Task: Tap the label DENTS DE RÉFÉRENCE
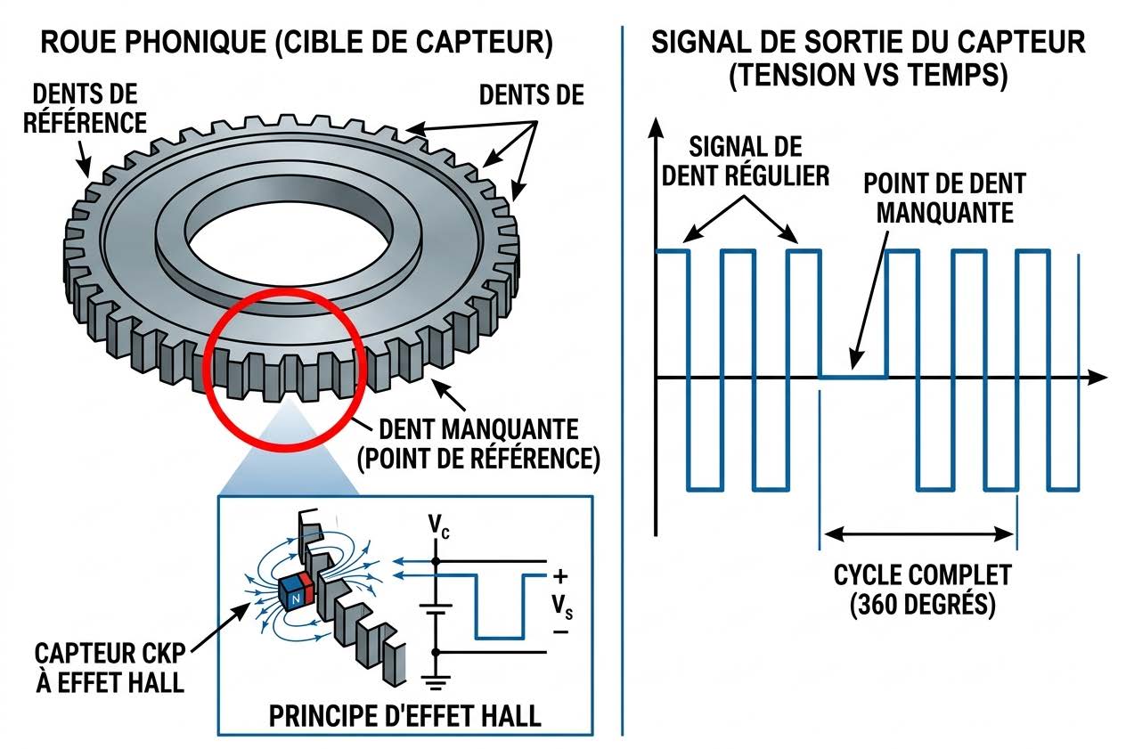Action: (86, 108)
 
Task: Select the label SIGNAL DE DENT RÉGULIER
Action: (745, 160)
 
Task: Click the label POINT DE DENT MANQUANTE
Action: (945, 198)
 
